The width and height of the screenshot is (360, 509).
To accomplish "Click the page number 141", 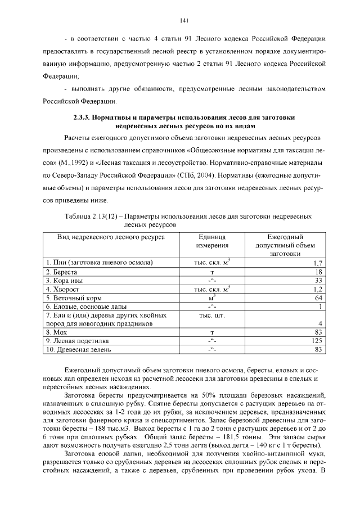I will pyautogui.click(x=183, y=21).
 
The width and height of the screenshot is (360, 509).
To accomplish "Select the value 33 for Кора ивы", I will pyautogui.click(x=318, y=280).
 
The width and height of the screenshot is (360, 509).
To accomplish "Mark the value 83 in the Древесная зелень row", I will pyautogui.click(x=318, y=350).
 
